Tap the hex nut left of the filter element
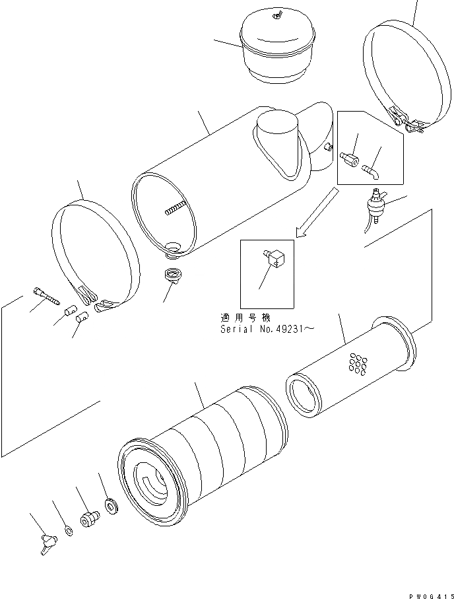click(x=88, y=518)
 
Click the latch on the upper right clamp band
click(x=403, y=120)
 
